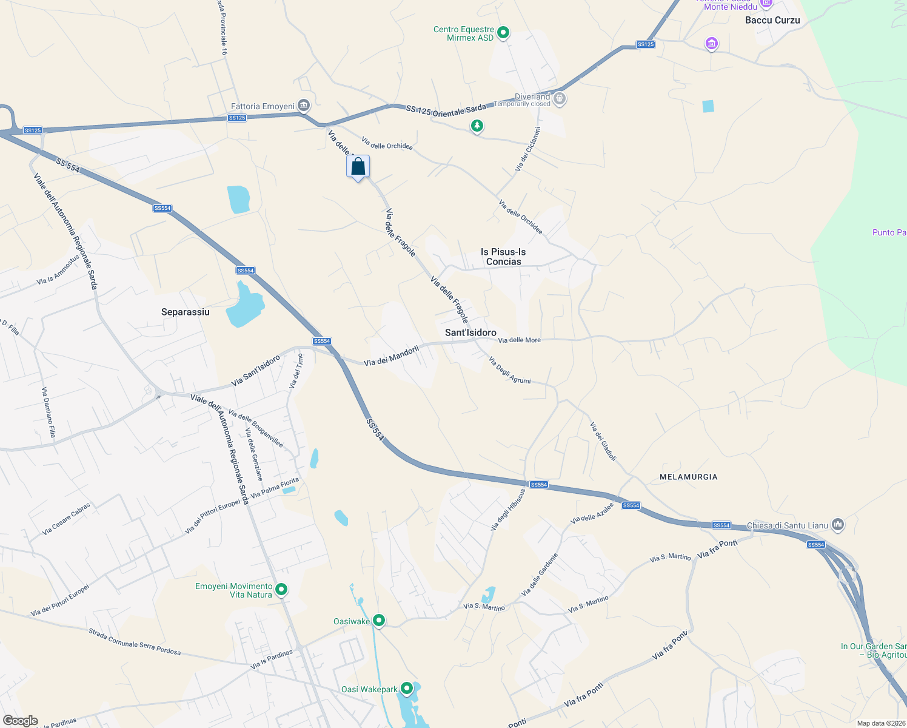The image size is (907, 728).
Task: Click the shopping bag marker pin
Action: click(358, 166)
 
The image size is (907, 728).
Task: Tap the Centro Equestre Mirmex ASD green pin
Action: click(503, 33)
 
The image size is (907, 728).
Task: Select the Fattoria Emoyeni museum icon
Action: click(304, 106)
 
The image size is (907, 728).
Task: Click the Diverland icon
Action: click(560, 98)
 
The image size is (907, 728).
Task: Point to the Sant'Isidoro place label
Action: click(470, 332)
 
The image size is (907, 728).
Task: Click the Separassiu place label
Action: click(186, 312)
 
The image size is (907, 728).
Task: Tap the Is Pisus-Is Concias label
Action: click(503, 257)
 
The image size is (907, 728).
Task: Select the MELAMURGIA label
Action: click(688, 477)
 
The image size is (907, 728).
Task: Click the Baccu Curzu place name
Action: click(772, 20)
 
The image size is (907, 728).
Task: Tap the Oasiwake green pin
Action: click(379, 620)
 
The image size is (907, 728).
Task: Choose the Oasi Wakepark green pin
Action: click(407, 689)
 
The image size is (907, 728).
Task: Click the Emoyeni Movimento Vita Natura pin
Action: click(281, 589)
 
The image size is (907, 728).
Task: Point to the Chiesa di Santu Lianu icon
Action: click(838, 524)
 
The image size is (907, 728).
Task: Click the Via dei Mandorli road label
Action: click(392, 356)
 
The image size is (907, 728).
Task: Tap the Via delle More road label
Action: click(520, 340)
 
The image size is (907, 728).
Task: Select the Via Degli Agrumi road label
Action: click(509, 370)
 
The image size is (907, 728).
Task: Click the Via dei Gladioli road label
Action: click(603, 442)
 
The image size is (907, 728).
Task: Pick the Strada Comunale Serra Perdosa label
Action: click(135, 641)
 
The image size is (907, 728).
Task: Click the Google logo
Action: click(21, 721)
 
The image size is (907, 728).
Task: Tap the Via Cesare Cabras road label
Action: click(66, 519)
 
